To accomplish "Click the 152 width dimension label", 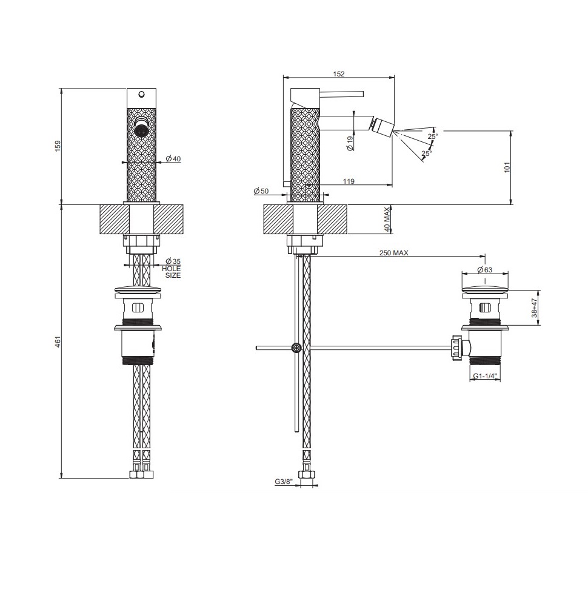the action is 338,74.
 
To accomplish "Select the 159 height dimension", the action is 58,147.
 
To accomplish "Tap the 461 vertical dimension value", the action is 58,341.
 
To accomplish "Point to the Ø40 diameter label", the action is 173,159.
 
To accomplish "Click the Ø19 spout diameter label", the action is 350,144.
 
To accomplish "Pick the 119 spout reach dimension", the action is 349,181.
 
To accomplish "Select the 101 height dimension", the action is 507,167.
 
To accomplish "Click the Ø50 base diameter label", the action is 261,191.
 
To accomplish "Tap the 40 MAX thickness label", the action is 387,220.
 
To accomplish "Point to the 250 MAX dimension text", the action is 393,253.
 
